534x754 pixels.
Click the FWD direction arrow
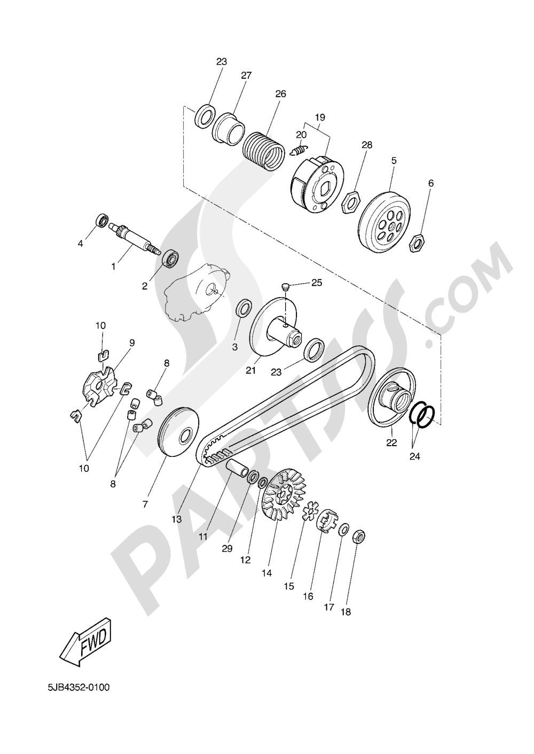86,646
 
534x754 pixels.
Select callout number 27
246,75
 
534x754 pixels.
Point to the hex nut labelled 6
416,244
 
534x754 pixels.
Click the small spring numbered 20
300,150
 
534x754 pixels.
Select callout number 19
320,116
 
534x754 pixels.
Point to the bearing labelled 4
101,220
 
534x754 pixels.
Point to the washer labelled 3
245,309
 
